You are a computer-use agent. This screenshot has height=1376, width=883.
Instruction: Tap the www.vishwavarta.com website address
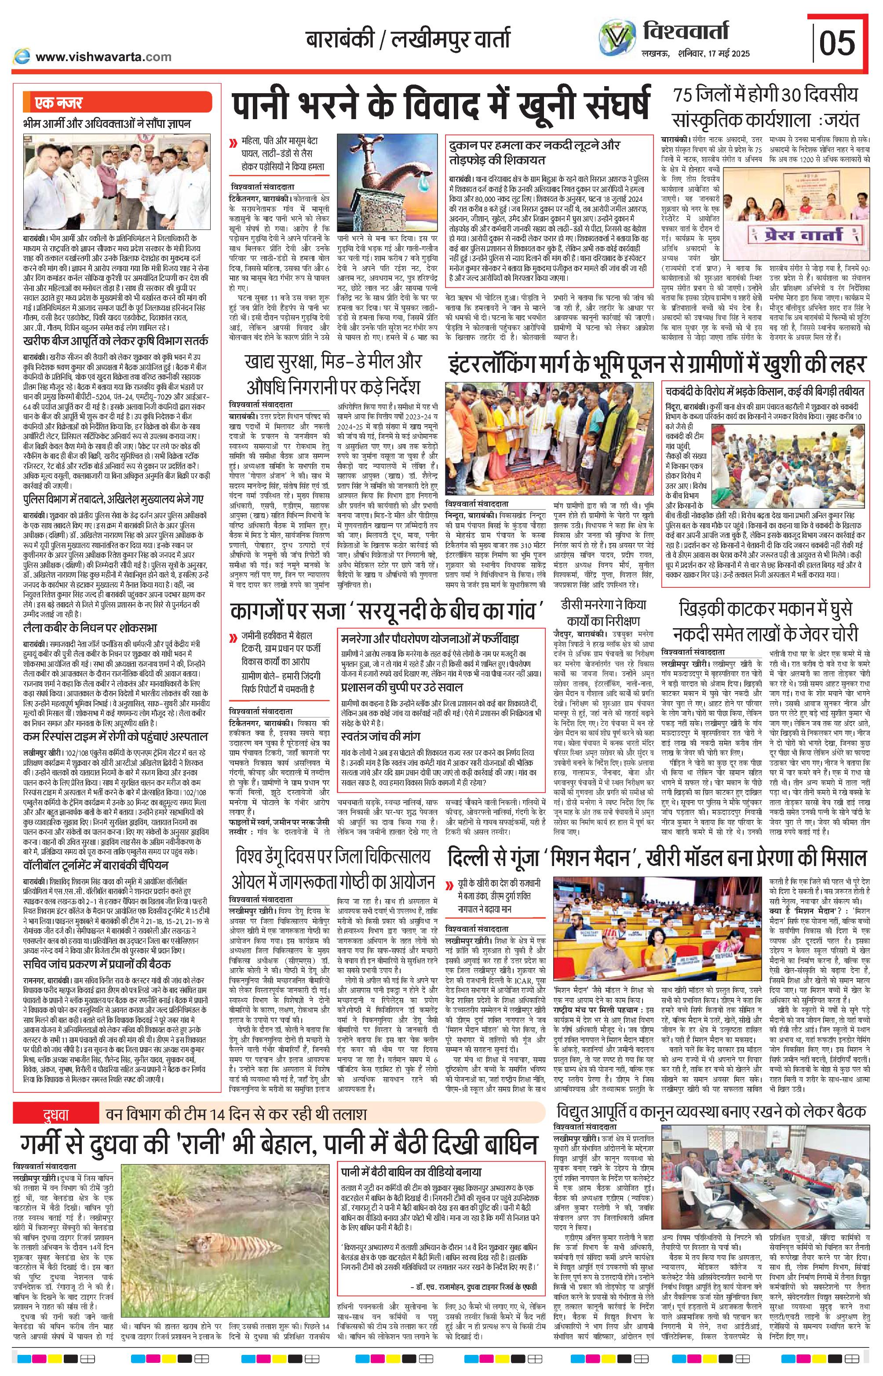(x=103, y=56)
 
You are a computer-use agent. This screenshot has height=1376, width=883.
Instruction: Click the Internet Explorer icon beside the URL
(x=22, y=56)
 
